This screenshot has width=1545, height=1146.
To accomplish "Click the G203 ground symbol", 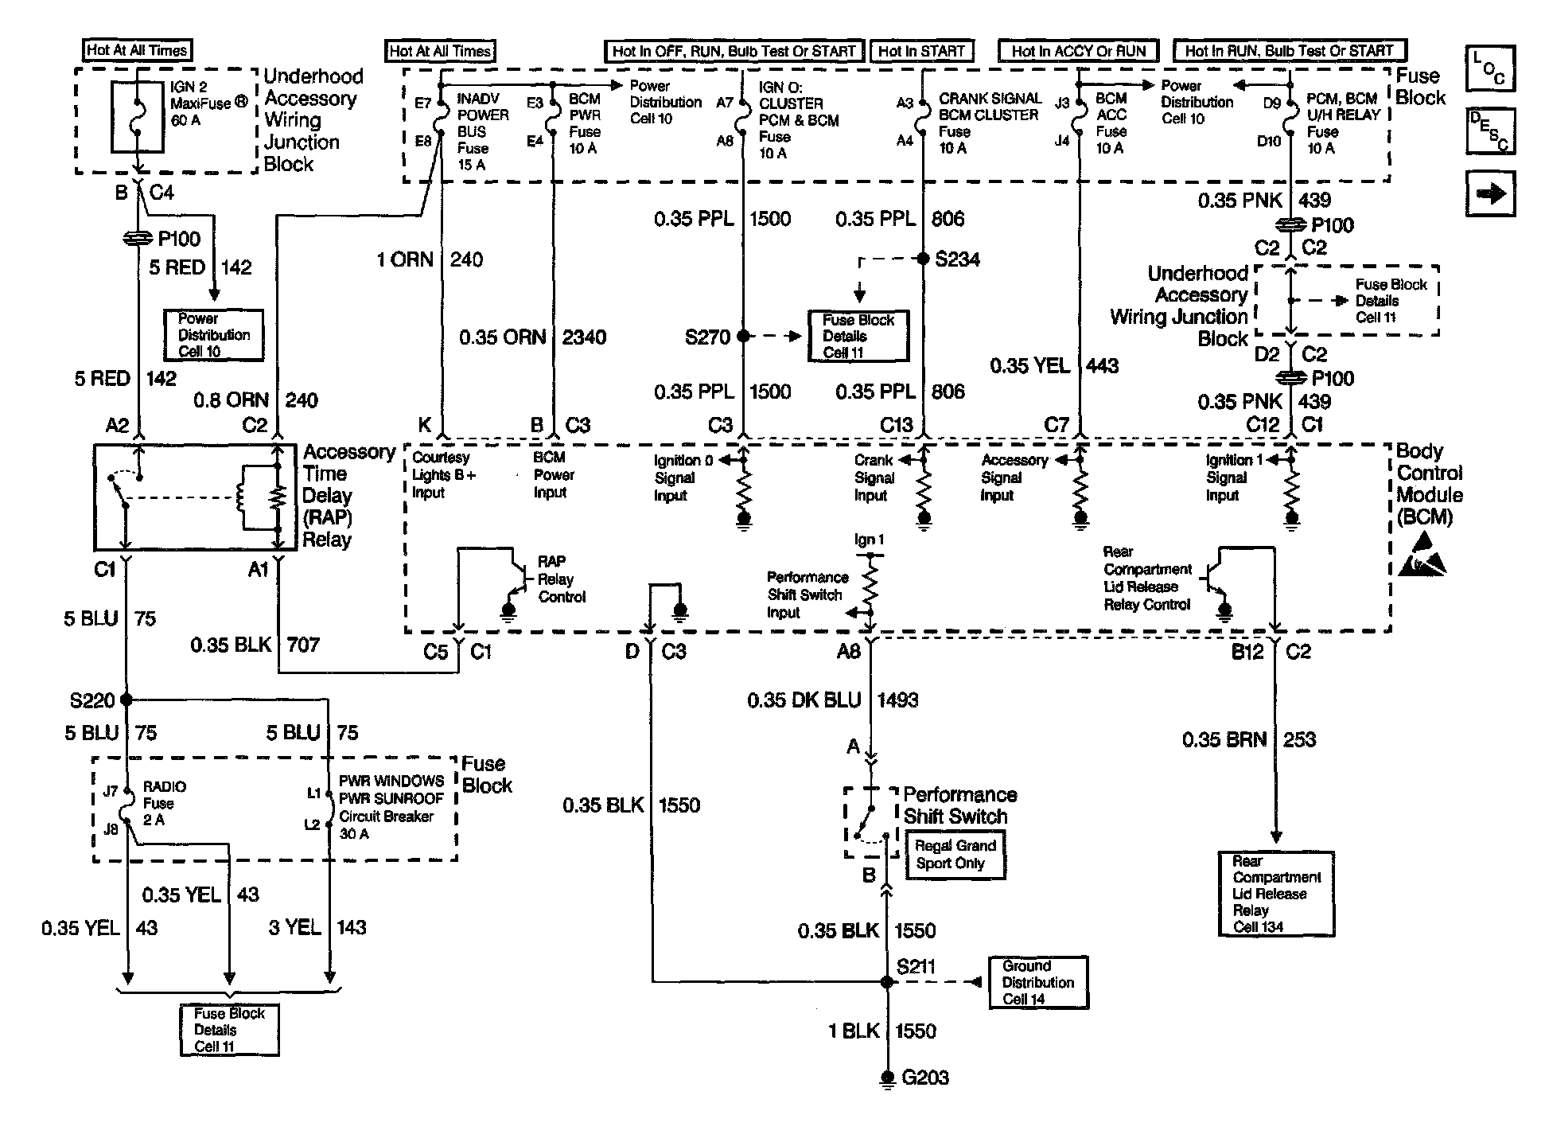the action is [887, 1079].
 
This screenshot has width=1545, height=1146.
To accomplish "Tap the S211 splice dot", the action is [887, 982].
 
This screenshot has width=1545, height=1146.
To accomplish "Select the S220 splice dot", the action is [126, 700].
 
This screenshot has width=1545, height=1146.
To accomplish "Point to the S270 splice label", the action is [707, 337].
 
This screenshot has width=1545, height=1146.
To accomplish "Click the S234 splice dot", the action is [923, 259].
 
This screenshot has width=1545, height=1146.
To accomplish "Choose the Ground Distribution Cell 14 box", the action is [1038, 983].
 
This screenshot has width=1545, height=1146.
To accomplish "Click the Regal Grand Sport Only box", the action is [955, 855].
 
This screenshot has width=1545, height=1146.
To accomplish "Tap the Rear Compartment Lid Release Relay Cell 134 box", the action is [1276, 894].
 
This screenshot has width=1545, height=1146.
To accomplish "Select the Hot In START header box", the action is [921, 51].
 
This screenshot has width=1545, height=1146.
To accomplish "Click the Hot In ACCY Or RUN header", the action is [1079, 51].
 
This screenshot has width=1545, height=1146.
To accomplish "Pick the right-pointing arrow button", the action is [1490, 193].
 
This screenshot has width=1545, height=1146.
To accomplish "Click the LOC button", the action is [1490, 68].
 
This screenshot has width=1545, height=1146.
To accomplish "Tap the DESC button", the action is [1490, 131].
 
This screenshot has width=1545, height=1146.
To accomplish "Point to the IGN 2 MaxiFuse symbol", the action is [138, 116].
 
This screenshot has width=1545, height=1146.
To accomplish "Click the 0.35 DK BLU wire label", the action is [804, 700].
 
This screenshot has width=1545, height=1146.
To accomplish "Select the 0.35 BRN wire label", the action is [1224, 740].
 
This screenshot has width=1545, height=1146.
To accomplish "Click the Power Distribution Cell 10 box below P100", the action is [213, 335].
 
